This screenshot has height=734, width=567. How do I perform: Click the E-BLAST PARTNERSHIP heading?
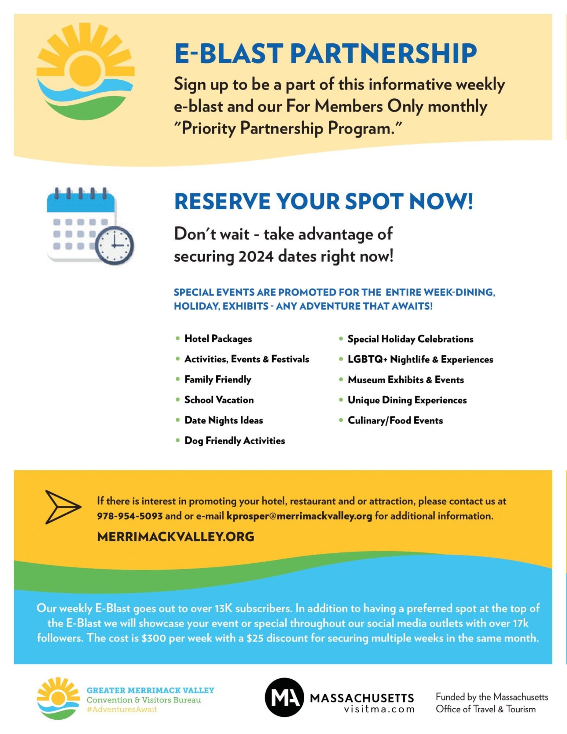[325, 54]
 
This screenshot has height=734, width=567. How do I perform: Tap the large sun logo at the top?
[86, 72]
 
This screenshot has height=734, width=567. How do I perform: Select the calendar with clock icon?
[90, 226]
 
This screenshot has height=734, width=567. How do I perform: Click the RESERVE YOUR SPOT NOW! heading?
[323, 201]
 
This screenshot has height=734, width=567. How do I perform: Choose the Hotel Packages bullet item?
[218, 339]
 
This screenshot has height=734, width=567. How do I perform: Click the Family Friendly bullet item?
[218, 379]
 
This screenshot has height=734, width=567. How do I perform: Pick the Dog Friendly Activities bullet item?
[235, 441]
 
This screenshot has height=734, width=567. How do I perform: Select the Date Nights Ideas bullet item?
[223, 420]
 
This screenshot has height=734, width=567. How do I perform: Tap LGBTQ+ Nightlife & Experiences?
[420, 359]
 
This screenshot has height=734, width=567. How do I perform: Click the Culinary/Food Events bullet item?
[395, 421]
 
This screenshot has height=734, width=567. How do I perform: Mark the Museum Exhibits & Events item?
[406, 380]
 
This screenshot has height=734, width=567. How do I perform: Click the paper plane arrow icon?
[62, 507]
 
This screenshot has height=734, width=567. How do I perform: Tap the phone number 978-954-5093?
[130, 516]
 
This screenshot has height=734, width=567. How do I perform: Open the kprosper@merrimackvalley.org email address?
[299, 516]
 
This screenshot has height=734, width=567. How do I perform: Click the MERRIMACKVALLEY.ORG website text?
[175, 537]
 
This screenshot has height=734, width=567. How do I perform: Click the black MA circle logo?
[284, 697]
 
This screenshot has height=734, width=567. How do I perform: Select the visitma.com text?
[379, 709]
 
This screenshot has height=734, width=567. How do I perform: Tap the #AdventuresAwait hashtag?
[122, 709]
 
